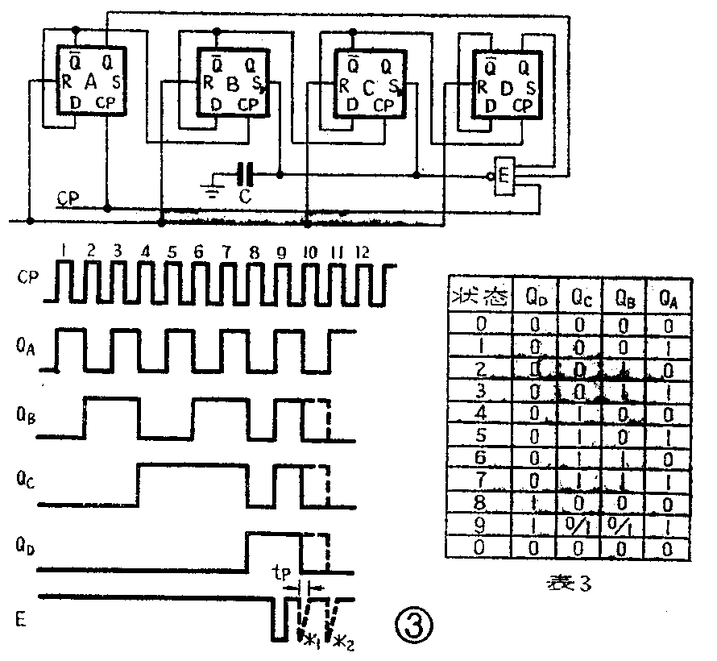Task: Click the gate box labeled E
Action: [505, 177]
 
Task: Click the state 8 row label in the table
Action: [482, 505]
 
